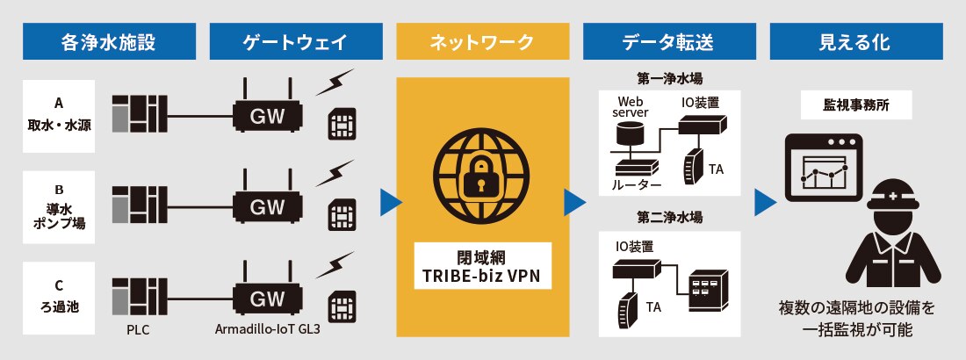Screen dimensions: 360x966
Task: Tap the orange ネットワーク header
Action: [x=482, y=40]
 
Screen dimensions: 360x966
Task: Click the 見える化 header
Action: [x=856, y=40]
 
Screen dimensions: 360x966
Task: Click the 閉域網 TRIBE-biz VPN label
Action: [x=482, y=267]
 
